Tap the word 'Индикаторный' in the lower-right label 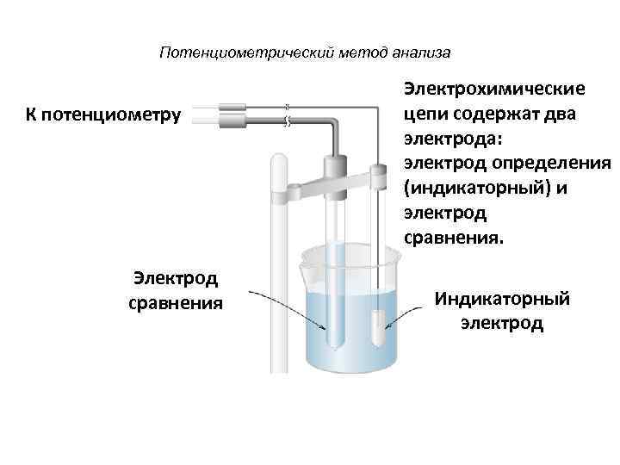tap(503, 300)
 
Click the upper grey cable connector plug tap(232, 108)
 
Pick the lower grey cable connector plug tap(232, 122)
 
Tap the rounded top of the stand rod tap(280, 160)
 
